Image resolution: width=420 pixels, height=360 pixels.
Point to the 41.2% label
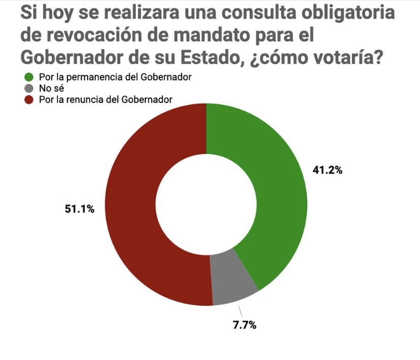tap(327, 171)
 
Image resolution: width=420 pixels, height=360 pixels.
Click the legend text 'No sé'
tap(49, 89)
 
